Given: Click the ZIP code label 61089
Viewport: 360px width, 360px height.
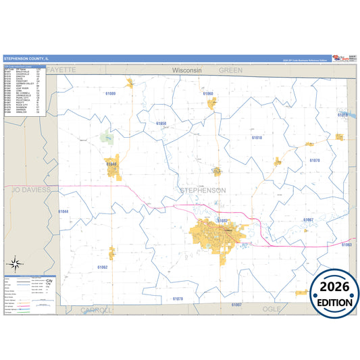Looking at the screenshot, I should (x=111, y=93).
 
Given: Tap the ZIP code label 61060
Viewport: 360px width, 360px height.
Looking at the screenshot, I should (x=207, y=93).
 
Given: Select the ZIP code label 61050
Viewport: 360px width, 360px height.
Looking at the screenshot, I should (x=161, y=124).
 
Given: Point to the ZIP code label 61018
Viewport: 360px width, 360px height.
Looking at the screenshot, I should (x=257, y=137).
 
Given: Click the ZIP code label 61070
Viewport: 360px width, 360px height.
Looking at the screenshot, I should (x=315, y=160).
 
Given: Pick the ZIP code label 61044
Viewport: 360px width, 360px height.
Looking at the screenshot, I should (x=63, y=211).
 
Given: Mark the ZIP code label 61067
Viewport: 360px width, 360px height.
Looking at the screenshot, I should (x=309, y=220).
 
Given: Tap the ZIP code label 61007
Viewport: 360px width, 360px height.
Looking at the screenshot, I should (x=236, y=305).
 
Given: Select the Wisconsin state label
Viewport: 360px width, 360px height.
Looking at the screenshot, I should (x=187, y=70).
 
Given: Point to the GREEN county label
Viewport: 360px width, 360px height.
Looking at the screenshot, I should (x=230, y=70).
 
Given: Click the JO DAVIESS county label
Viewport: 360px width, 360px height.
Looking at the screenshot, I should (x=31, y=190).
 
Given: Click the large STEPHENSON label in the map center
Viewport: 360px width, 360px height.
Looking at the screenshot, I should (x=203, y=190).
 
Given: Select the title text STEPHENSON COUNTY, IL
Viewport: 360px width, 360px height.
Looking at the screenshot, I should (x=30, y=59).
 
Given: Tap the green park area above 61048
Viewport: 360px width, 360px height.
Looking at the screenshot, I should (x=107, y=138).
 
